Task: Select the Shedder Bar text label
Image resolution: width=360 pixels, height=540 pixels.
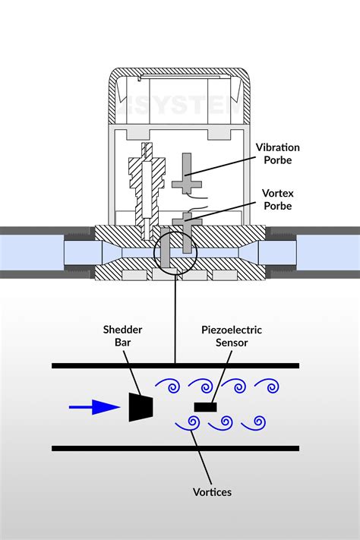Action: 123,336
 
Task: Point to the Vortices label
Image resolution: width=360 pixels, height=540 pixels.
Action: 213,491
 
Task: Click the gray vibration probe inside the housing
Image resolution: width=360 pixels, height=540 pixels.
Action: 187,174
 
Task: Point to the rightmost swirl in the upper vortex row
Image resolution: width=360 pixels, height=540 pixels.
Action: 270,386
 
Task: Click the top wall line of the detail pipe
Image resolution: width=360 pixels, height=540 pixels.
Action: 175,365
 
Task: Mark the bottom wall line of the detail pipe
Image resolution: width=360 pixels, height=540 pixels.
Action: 175,449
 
